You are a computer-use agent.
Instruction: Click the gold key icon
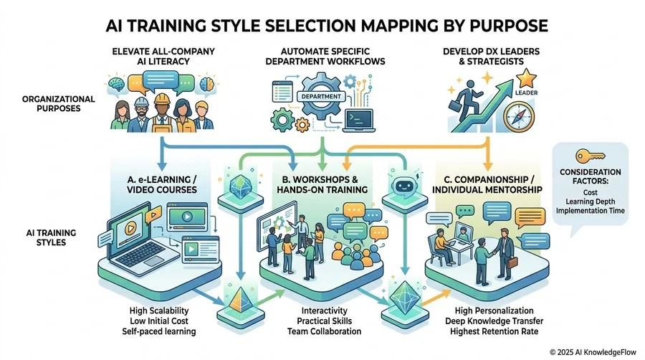tap(591, 156)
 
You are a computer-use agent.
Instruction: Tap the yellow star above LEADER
tap(526, 77)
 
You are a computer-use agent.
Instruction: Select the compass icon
tap(519, 117)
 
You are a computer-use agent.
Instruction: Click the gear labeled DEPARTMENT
tap(321, 96)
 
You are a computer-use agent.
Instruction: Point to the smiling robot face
tap(403, 186)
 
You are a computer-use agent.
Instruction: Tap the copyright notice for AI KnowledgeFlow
tap(593, 352)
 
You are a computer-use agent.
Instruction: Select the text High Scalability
tap(159, 311)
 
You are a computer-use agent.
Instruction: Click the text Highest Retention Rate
tap(494, 331)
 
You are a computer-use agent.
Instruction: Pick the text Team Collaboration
tap(324, 331)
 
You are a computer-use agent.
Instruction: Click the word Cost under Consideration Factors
tap(591, 192)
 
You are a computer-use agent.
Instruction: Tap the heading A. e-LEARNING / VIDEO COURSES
tap(162, 184)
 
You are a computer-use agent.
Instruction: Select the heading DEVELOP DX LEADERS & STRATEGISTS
tap(491, 57)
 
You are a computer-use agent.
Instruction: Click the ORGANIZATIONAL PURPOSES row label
tap(59, 104)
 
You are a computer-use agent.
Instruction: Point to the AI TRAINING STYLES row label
tap(51, 237)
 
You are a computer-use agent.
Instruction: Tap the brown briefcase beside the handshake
tap(512, 262)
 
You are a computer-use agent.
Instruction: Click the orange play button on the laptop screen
tap(130, 228)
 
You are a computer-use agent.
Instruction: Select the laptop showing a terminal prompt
tap(359, 120)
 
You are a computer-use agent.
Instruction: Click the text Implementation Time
tap(591, 211)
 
